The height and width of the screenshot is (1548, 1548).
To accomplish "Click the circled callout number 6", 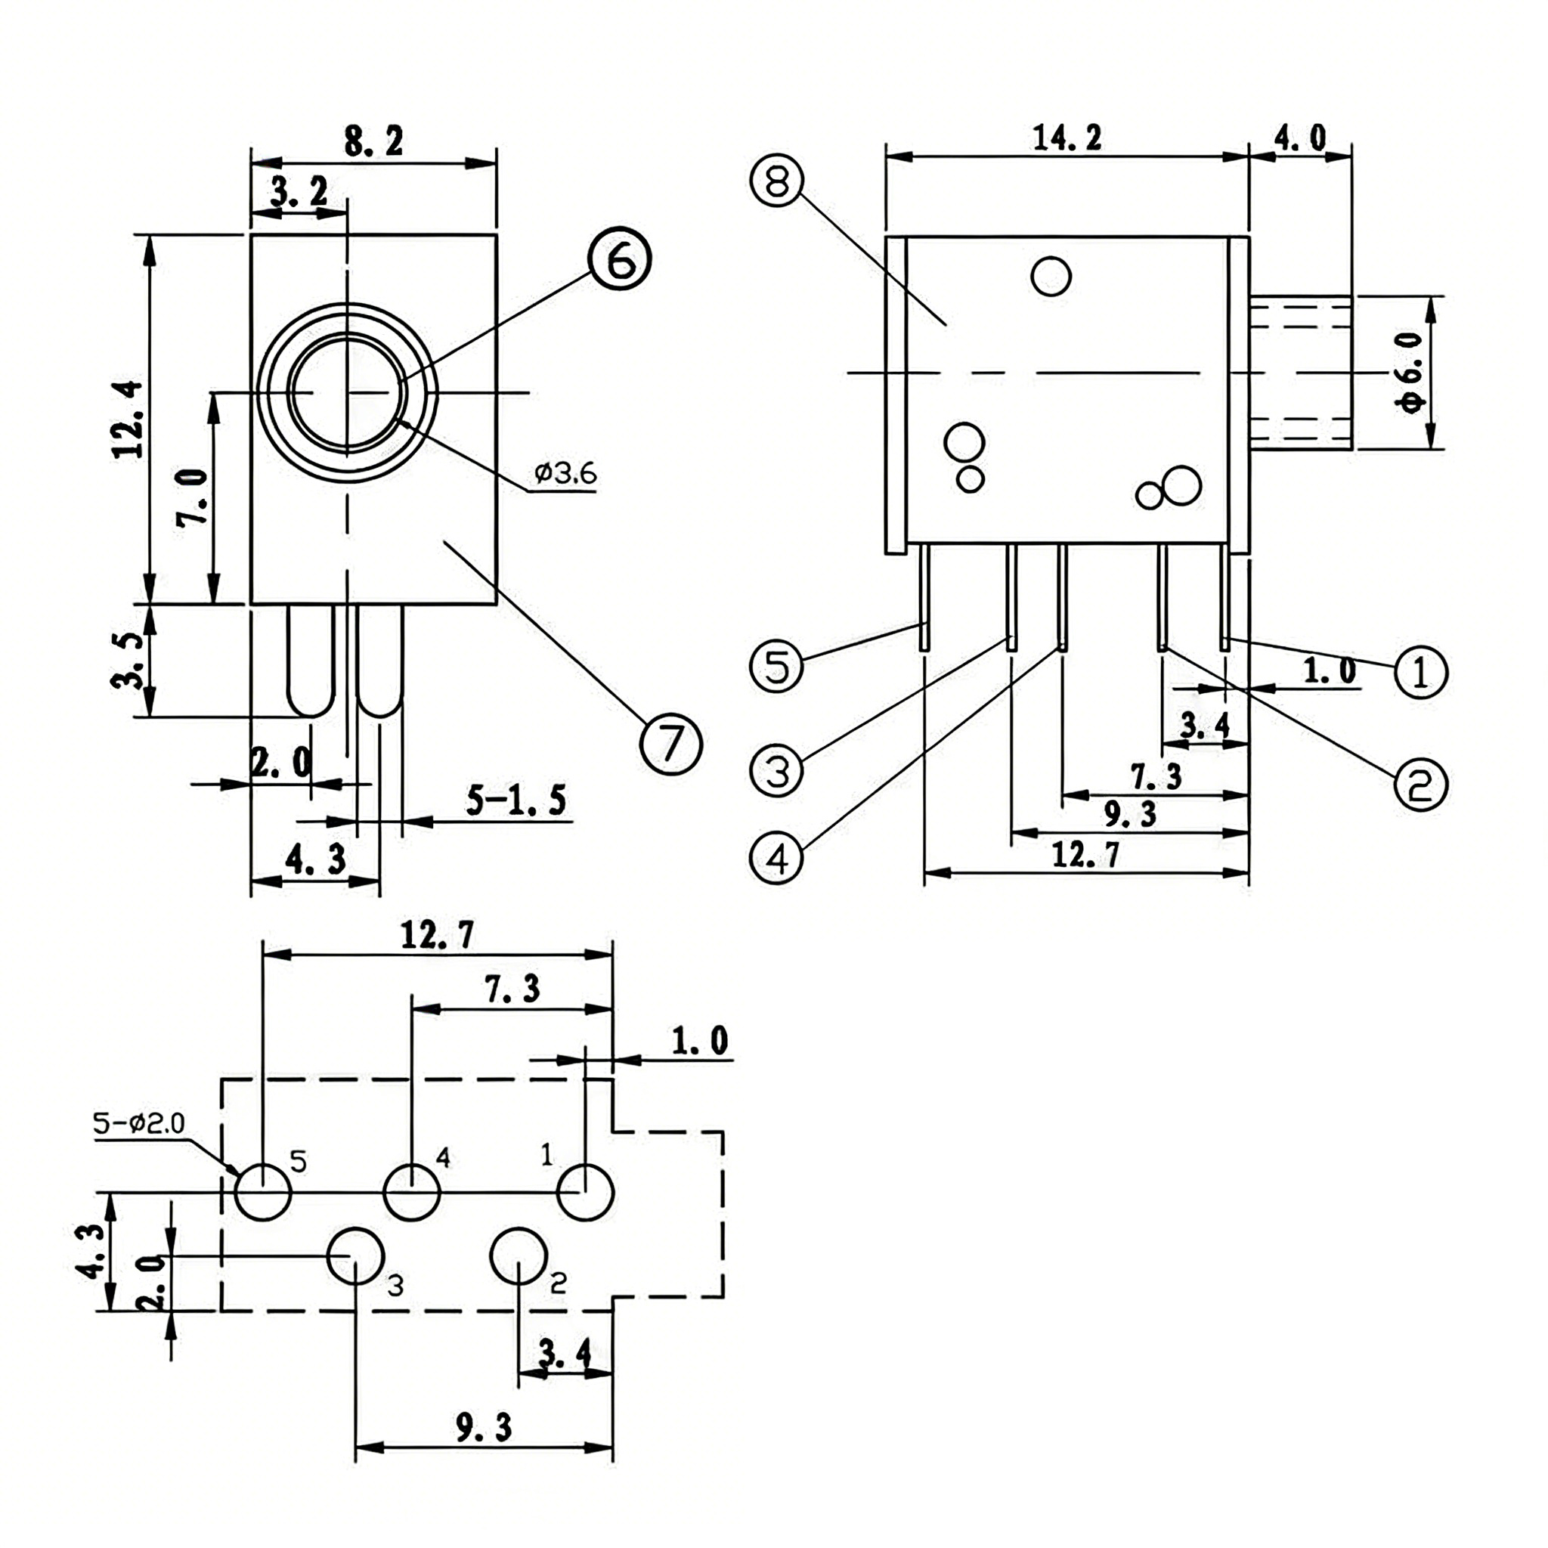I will pyautogui.click(x=619, y=259).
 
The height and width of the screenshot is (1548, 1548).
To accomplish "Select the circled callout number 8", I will pyautogui.click(x=776, y=181).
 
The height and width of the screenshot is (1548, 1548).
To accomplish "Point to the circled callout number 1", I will pyautogui.click(x=1420, y=671).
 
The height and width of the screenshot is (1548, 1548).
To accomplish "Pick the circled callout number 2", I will pyautogui.click(x=1420, y=784).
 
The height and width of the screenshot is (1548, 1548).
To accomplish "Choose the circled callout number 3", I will pyautogui.click(x=776, y=770).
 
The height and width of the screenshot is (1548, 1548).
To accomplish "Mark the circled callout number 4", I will pyautogui.click(x=776, y=857).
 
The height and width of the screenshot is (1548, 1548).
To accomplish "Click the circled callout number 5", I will pyautogui.click(x=776, y=667).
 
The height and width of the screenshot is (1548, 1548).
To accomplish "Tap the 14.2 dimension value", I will pyautogui.click(x=1067, y=138).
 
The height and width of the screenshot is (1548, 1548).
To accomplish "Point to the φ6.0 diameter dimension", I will pyautogui.click(x=1412, y=373).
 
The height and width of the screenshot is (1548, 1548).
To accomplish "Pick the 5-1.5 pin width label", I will pyautogui.click(x=516, y=800).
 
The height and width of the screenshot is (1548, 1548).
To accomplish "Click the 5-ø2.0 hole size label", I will pyautogui.click(x=138, y=1124).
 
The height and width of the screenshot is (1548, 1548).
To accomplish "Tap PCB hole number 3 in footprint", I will pyautogui.click(x=356, y=1255).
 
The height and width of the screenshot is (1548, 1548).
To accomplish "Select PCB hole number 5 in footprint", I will pyautogui.click(x=263, y=1192).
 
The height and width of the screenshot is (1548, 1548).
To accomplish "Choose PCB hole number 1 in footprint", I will pyautogui.click(x=586, y=1192).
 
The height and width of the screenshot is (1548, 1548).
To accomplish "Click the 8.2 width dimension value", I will pyautogui.click(x=373, y=142).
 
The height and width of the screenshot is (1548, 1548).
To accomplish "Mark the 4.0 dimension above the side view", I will pyautogui.click(x=1299, y=138).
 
